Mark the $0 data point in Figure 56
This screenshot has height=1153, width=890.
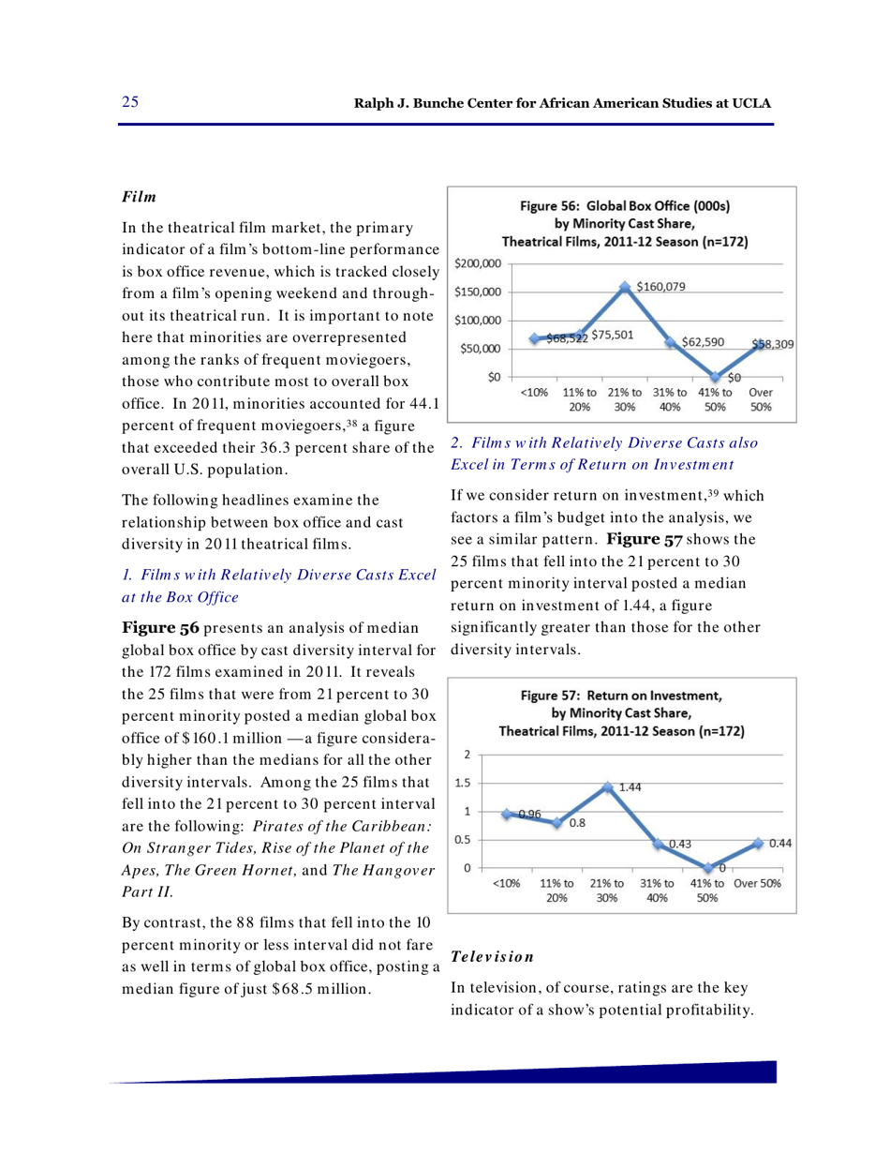point(714,377)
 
